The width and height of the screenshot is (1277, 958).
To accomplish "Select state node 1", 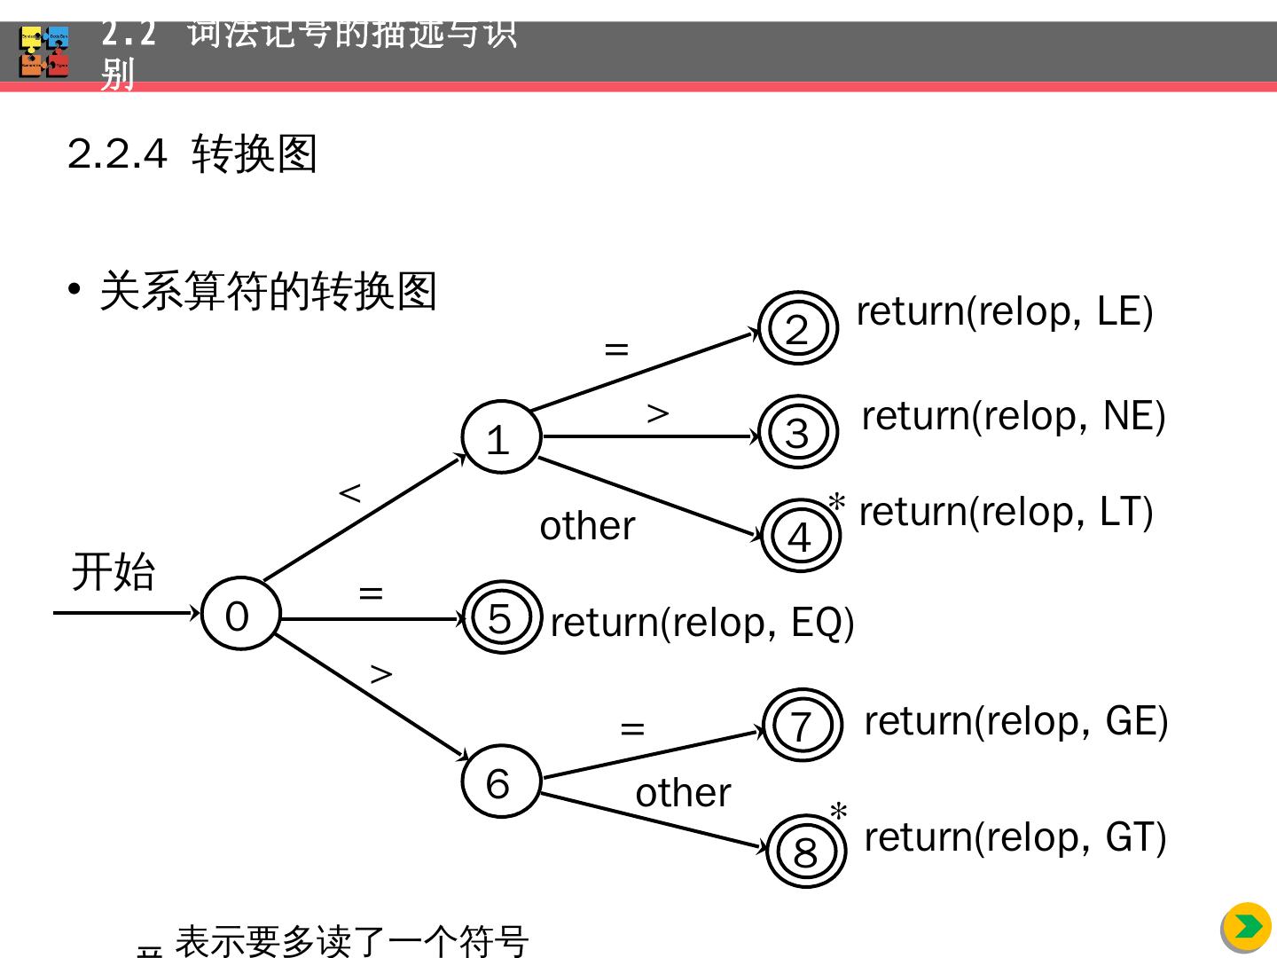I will tap(500, 437).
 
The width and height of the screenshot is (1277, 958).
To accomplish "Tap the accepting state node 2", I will tap(798, 328).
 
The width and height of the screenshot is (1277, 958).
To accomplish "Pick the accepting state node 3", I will tap(798, 432).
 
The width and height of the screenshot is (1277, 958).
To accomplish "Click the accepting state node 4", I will tap(801, 536).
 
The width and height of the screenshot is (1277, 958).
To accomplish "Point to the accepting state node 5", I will tap(501, 617).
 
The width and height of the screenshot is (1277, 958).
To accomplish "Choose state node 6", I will tap(500, 781).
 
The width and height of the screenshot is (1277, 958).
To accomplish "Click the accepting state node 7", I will tap(802, 725).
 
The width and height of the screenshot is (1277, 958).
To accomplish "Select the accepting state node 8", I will tap(805, 852).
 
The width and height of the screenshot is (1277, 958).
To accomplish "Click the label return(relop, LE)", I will tap(1004, 312).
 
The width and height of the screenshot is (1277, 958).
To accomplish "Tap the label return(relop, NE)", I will tap(1013, 416).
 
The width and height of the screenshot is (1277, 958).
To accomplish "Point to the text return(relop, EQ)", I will tap(701, 623).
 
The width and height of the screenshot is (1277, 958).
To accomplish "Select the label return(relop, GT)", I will tap(1015, 837).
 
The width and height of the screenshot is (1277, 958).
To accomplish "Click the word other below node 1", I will tap(587, 526).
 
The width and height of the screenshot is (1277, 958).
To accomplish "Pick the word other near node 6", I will tap(683, 792).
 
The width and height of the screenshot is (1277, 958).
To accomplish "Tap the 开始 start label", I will tap(114, 571).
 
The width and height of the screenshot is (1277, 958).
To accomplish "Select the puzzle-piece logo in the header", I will tap(44, 52).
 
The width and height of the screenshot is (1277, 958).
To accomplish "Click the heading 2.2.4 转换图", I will tap(192, 154).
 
